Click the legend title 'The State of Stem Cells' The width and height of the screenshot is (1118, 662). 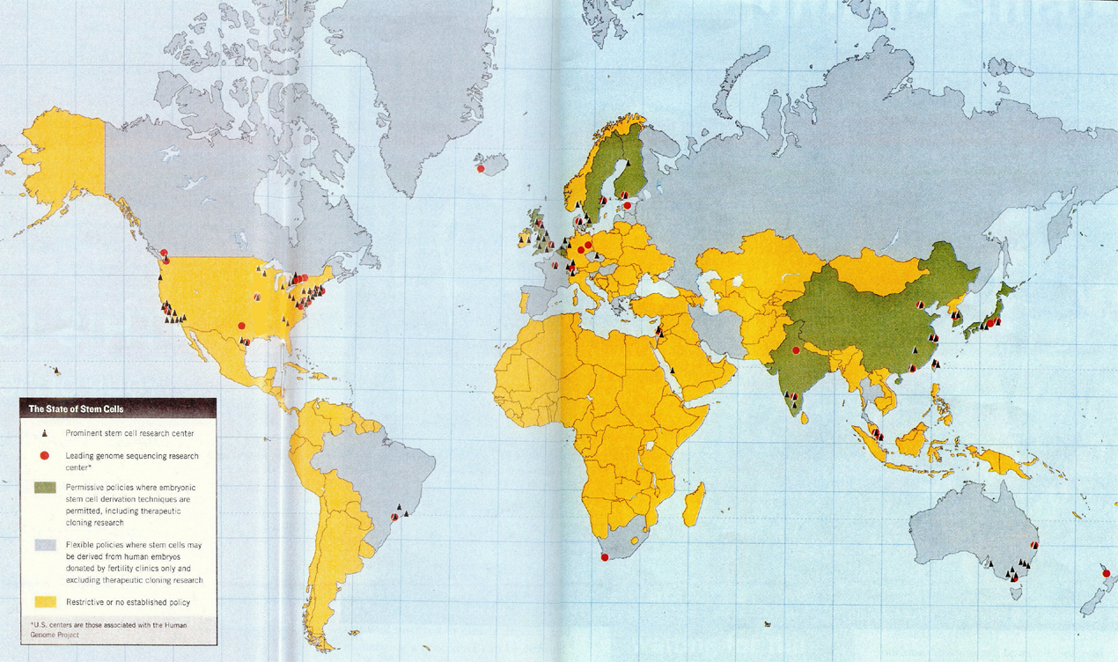[77, 408]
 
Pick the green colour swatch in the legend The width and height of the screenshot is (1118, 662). [44, 487]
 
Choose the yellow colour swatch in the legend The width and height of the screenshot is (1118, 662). [44, 602]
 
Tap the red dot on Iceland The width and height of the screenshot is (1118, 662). [481, 169]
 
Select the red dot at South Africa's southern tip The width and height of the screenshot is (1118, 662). [604, 557]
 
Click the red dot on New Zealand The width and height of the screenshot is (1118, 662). [1106, 574]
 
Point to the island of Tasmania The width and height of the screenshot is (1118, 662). [1017, 593]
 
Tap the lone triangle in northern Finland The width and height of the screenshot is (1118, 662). [628, 164]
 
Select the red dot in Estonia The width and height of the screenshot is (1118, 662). [627, 205]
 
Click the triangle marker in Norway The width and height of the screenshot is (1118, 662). [577, 205]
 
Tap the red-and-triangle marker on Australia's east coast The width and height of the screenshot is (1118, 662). [1034, 546]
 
